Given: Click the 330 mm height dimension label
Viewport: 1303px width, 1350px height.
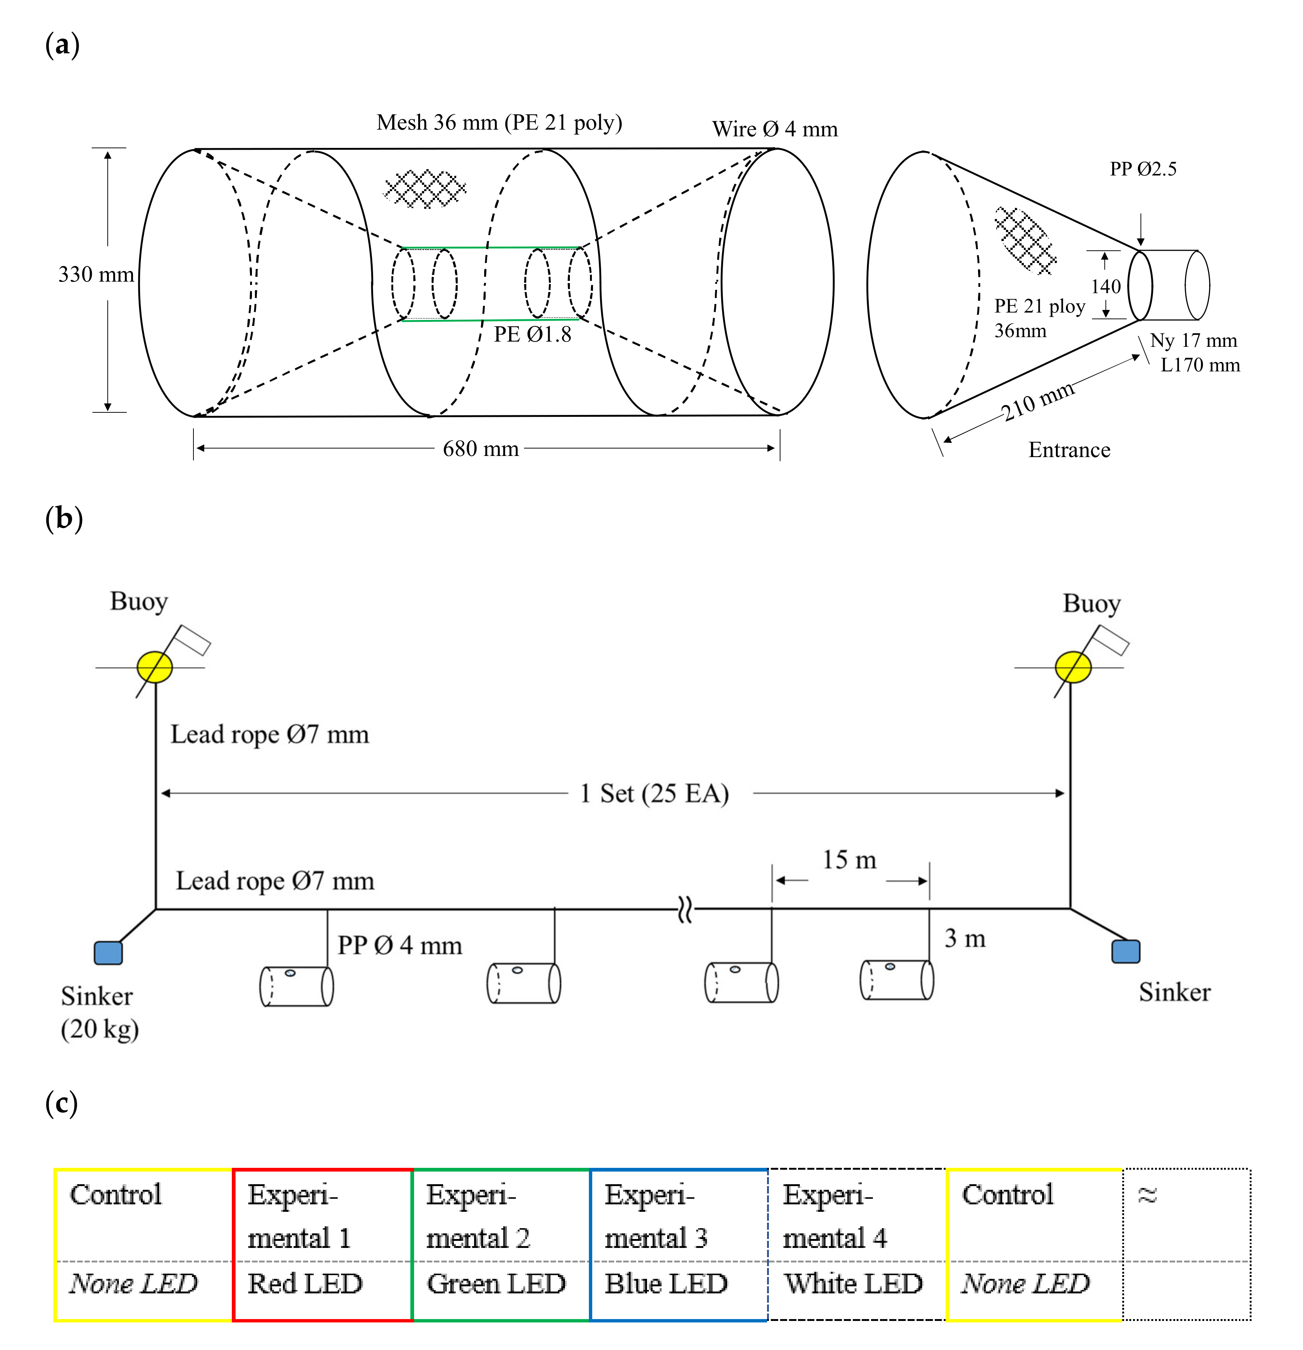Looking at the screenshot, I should click(x=96, y=274).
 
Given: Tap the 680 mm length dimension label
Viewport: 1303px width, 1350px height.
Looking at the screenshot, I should click(x=480, y=449).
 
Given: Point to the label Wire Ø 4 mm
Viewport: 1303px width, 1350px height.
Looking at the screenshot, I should click(x=774, y=129).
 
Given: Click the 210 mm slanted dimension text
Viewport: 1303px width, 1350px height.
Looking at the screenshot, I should click(x=1038, y=402).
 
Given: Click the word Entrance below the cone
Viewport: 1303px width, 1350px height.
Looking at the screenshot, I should click(x=1069, y=450).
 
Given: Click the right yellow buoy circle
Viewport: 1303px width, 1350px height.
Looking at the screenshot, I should click(x=1073, y=667).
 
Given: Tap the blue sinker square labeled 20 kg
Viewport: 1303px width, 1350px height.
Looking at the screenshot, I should click(x=108, y=953).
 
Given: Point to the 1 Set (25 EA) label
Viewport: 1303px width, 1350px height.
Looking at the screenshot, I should click(x=654, y=793).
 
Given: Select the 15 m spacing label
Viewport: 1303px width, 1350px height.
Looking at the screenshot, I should click(x=849, y=860).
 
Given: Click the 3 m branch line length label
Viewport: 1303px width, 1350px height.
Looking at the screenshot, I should click(x=965, y=938).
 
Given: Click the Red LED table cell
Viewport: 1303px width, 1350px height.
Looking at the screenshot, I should click(x=305, y=1283).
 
